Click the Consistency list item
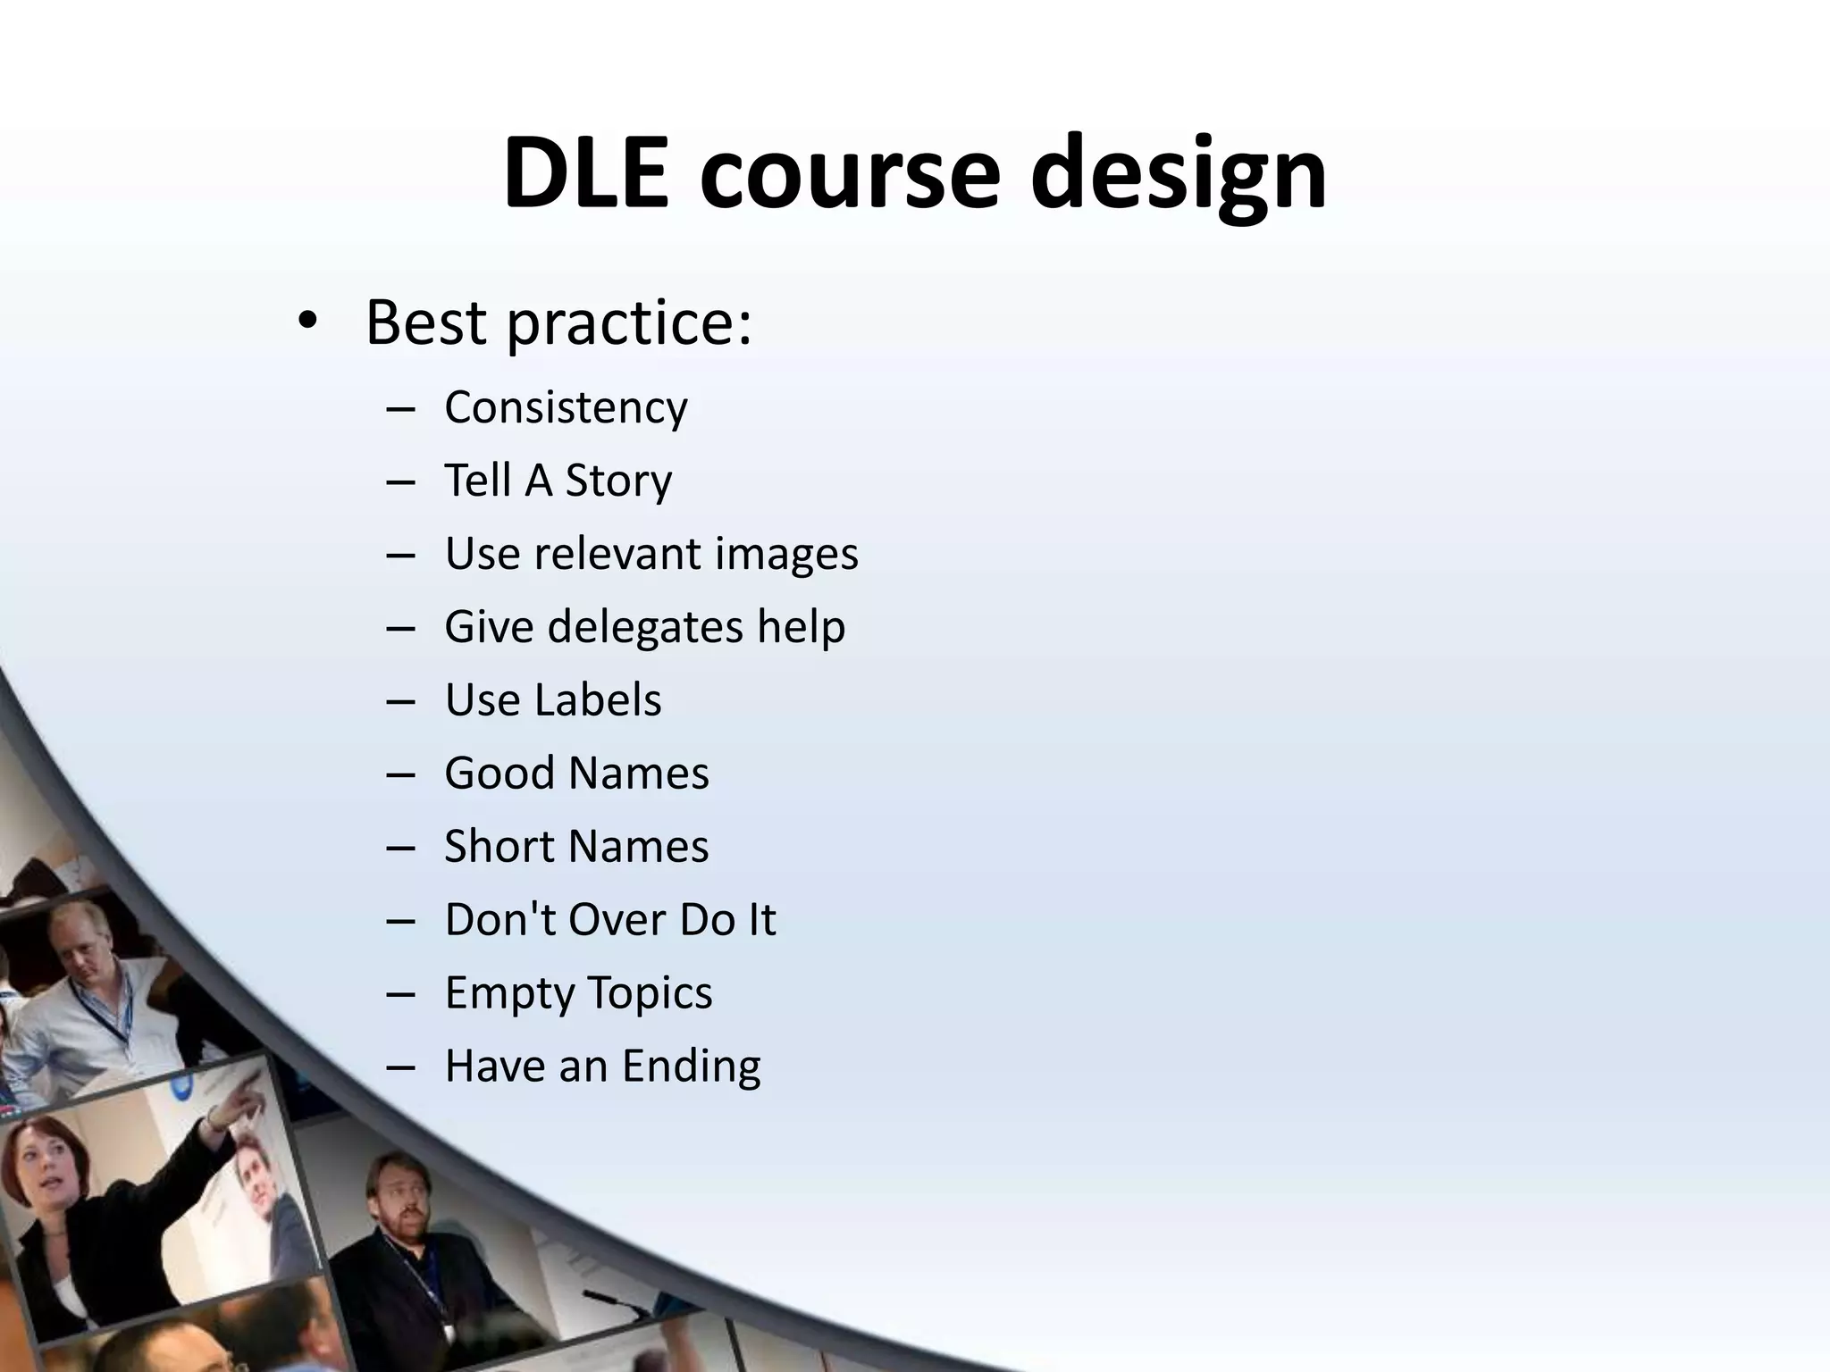(x=566, y=408)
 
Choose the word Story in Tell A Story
(x=618, y=481)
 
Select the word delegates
(x=644, y=626)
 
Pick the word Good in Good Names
(x=499, y=773)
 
